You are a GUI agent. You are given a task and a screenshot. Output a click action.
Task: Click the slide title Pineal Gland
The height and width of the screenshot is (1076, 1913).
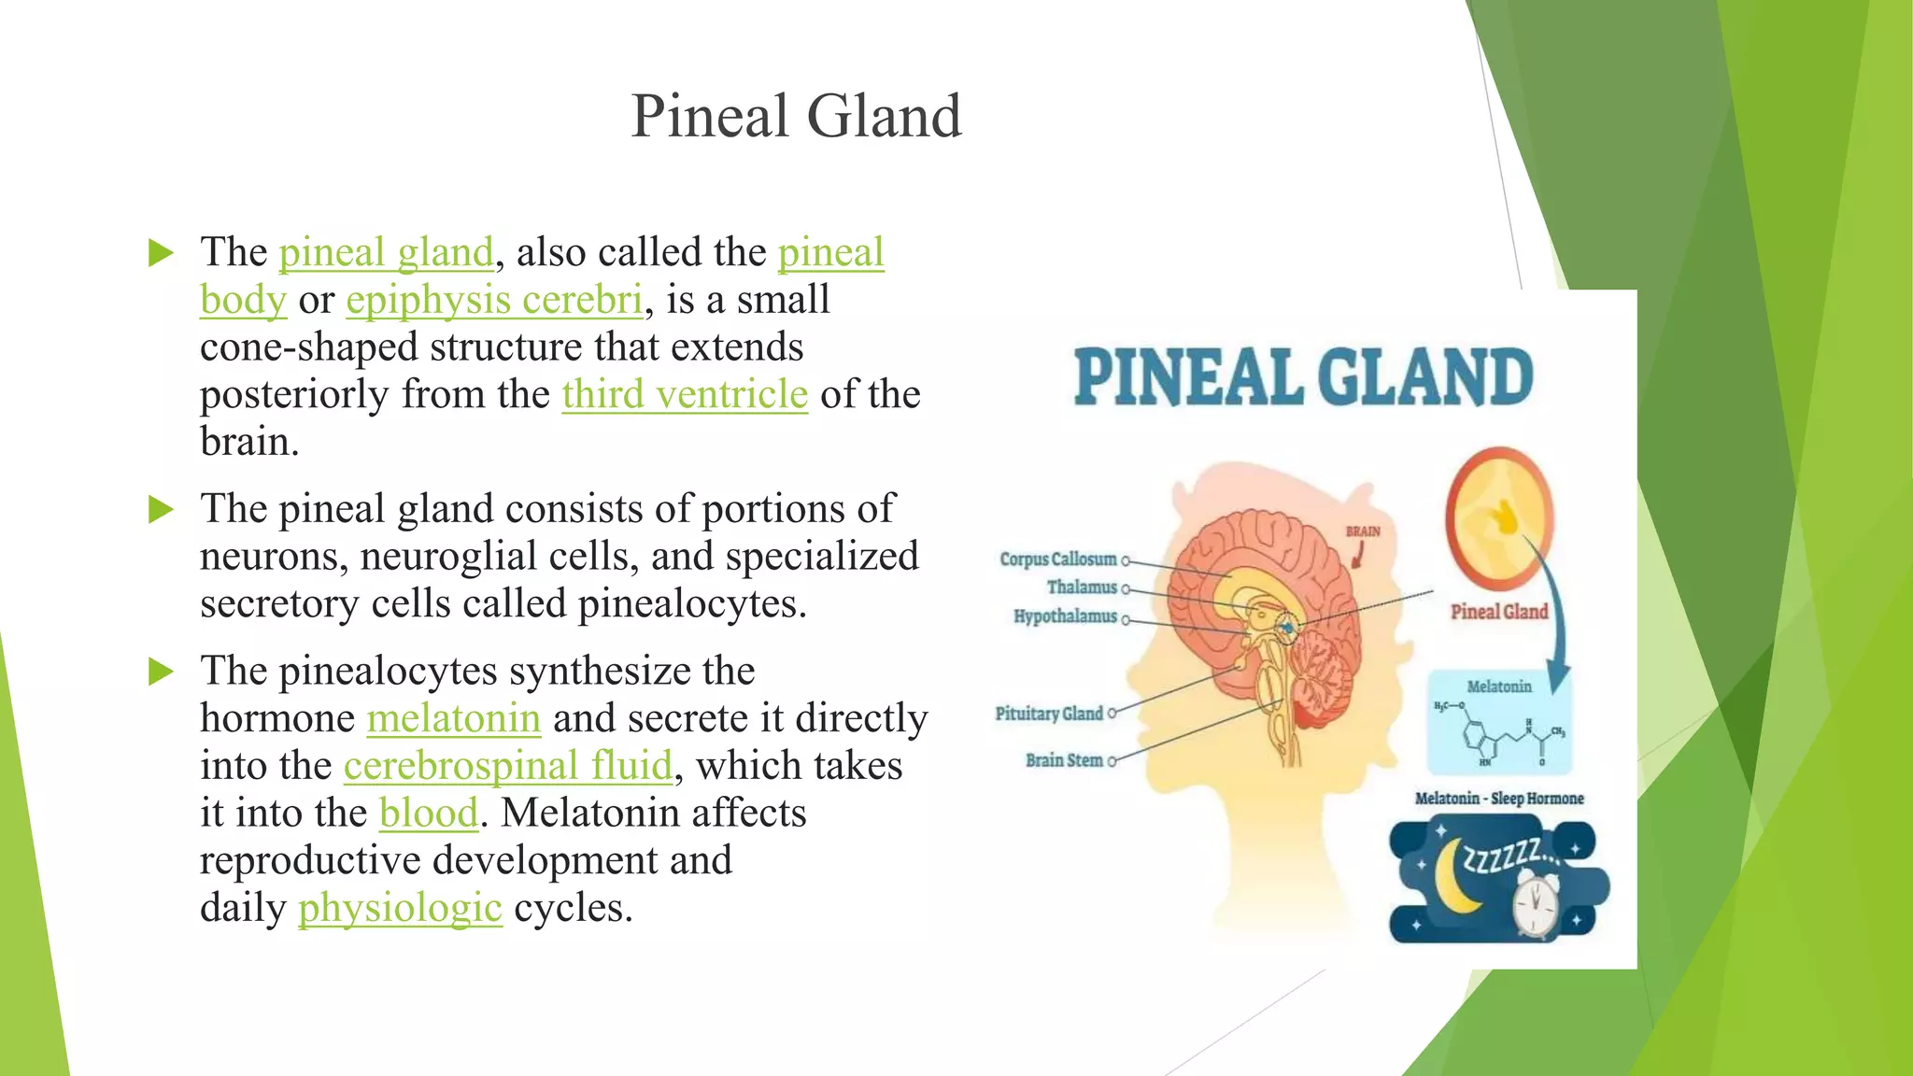pos(796,116)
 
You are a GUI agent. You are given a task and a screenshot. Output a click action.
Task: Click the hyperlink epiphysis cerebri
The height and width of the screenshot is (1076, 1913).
pos(494,300)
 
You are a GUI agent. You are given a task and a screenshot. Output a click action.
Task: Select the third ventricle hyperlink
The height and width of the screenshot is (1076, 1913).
pos(685,394)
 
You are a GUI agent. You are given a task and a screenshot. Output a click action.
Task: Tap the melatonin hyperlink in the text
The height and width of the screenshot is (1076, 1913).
pos(454,718)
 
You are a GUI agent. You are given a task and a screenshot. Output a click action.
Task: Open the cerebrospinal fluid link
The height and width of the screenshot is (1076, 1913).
pos(508,766)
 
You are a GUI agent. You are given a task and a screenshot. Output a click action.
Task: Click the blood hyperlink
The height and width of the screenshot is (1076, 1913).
pos(429,813)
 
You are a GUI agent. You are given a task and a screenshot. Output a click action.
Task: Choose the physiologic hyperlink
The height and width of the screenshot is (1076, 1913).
pos(400,908)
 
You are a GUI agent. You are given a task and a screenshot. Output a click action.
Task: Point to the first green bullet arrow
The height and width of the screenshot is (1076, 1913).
pos(162,253)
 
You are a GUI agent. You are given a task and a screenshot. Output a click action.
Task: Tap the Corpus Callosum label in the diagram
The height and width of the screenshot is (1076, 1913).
pos(1057,559)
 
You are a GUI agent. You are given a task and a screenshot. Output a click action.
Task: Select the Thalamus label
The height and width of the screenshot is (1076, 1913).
pos(1081,588)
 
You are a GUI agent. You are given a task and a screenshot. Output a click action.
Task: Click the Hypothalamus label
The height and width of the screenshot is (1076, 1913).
pos(1065,616)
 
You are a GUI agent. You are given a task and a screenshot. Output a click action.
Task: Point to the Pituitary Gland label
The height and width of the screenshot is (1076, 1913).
pos(1048,714)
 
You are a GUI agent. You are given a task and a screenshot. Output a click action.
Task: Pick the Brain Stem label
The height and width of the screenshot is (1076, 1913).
pos(1063,760)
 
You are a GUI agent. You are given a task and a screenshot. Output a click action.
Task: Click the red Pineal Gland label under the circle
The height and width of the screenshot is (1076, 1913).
pos(1498,612)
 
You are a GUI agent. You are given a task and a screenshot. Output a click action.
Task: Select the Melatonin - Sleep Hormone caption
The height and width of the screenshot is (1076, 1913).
pos(1498,799)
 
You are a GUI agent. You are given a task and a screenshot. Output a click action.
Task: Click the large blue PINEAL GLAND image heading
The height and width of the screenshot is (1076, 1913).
pos(1303,377)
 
